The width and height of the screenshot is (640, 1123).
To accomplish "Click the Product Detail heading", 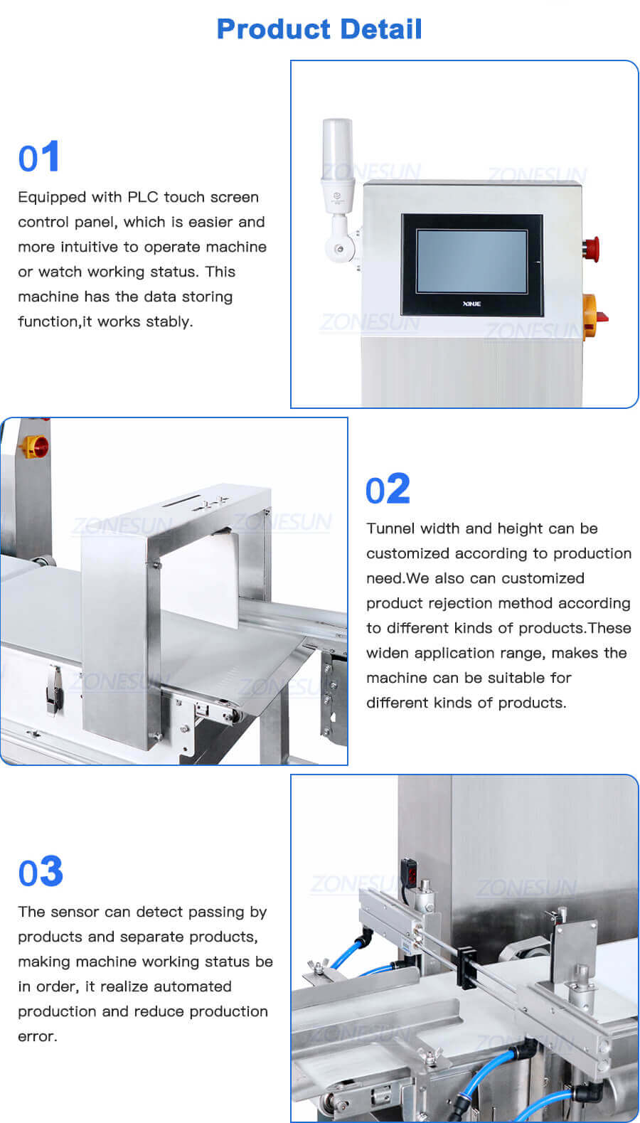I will click(x=319, y=29).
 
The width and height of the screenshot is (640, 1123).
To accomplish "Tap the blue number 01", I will click(x=39, y=157).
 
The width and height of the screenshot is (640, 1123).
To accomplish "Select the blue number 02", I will click(x=388, y=489).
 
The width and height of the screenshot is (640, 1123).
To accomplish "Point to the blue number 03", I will click(x=41, y=872).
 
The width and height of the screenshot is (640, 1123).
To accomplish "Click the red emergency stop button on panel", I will click(x=591, y=247).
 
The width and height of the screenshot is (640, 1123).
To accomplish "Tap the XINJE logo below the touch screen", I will click(x=471, y=304).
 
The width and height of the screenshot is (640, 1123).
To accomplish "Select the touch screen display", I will click(x=471, y=260).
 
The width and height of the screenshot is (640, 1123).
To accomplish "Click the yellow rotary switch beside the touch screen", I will click(x=592, y=315).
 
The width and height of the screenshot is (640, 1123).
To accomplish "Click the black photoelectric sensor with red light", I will click(x=411, y=871).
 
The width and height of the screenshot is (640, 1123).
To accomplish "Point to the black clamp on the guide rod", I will click(x=466, y=967).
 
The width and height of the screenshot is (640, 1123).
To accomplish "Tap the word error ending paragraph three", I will click(x=37, y=1036).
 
